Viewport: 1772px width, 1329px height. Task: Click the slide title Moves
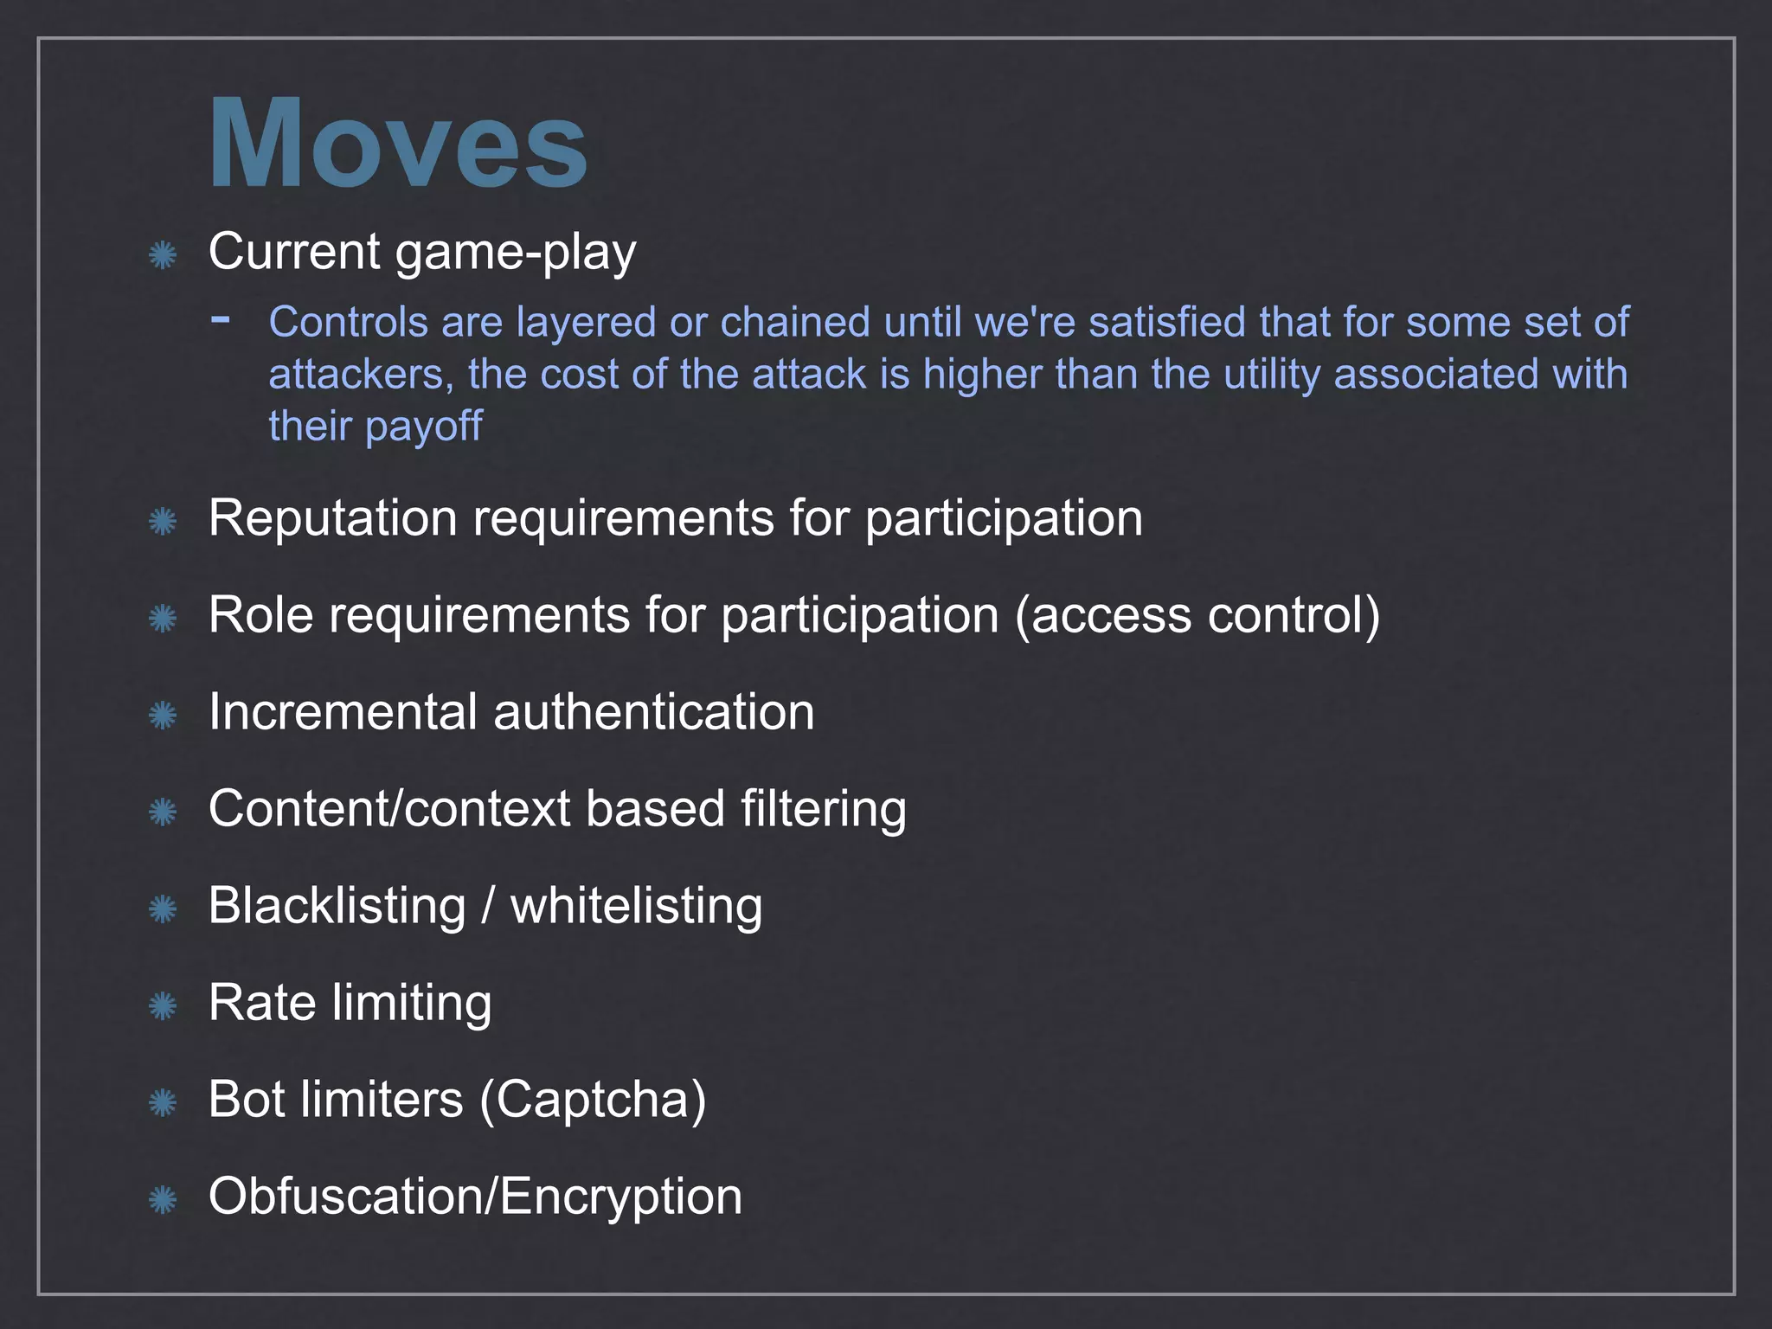398,143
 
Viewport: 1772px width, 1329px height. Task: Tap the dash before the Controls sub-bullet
221,319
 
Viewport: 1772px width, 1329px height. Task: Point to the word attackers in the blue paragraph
360,375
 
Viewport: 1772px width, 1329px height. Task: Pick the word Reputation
332,519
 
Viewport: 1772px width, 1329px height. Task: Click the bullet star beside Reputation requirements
163,522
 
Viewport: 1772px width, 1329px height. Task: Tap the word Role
260,615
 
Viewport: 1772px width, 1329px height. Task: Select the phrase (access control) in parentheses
1197,615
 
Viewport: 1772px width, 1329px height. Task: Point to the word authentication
654,712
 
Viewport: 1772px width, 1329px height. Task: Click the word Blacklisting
337,906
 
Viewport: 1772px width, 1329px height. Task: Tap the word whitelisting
637,906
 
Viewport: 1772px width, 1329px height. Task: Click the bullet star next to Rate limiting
163,1006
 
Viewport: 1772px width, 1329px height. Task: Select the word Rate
262,1003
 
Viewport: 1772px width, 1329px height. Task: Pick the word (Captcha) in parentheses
593,1101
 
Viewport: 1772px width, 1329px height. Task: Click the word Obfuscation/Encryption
475,1197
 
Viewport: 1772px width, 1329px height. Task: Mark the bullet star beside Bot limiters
163,1103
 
